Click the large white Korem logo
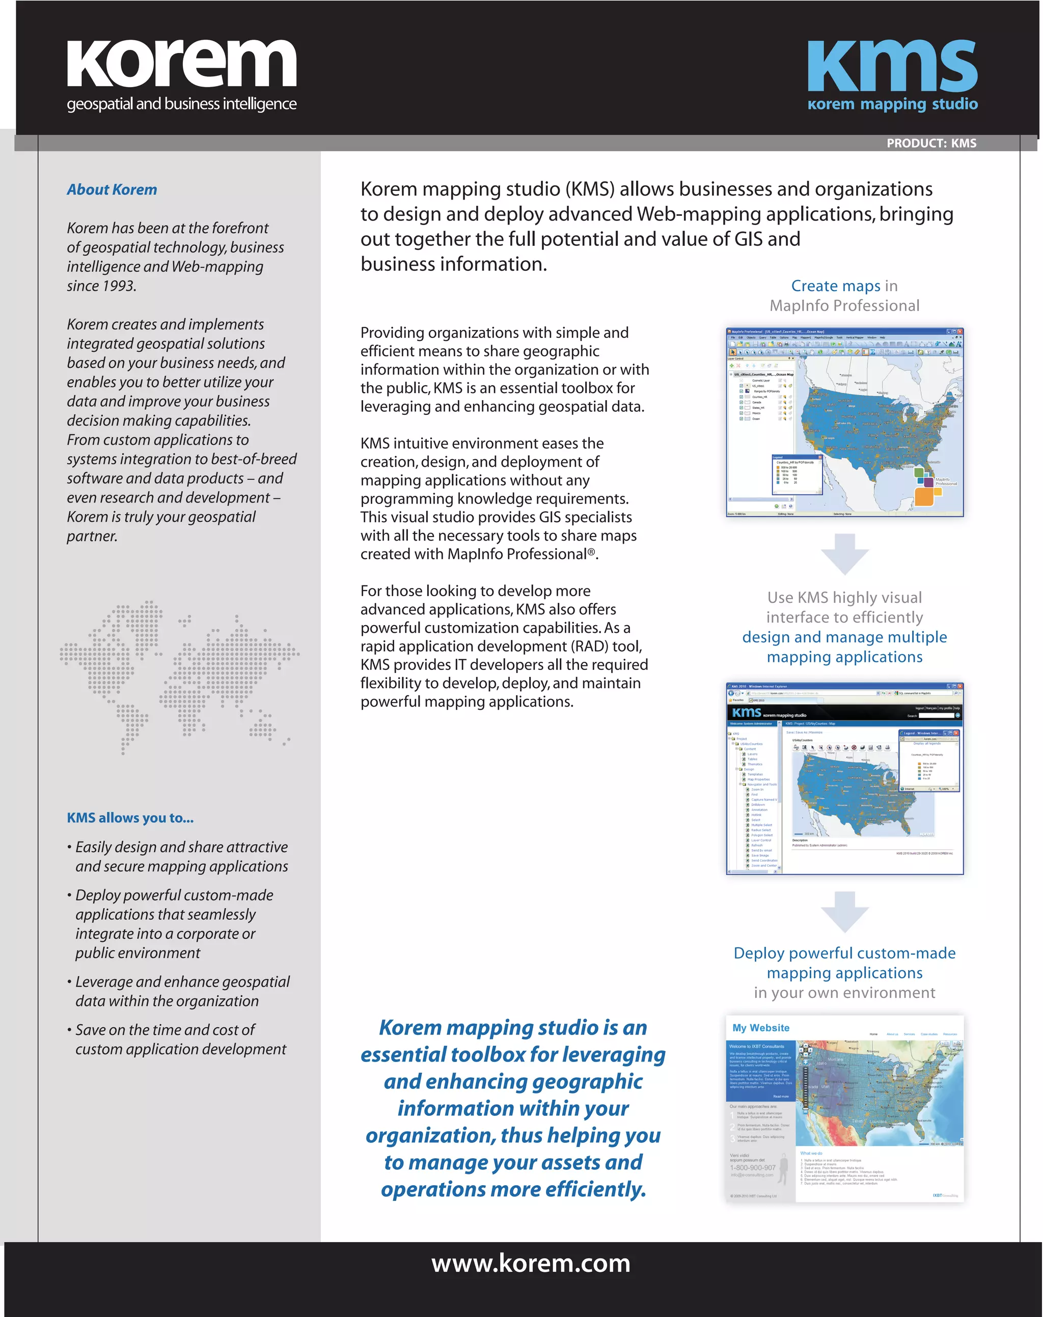click(x=181, y=64)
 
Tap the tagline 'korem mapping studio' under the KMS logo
click(x=892, y=104)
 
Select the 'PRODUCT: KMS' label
click(x=931, y=144)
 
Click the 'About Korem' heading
click(x=112, y=190)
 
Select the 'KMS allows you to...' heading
click(x=130, y=818)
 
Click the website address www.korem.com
click(x=531, y=1264)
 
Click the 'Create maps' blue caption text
click(x=835, y=286)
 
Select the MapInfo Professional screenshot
click(x=844, y=423)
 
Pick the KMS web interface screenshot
click(x=844, y=778)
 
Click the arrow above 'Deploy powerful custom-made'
click(x=844, y=911)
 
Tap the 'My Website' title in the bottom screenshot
click(x=761, y=1028)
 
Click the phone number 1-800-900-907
click(x=752, y=1167)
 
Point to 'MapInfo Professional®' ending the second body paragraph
click(x=521, y=554)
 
